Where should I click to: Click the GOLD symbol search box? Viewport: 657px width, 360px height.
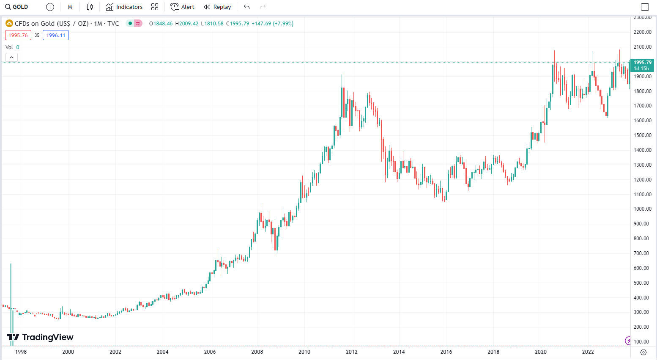pyautogui.click(x=17, y=7)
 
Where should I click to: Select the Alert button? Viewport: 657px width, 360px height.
pyautogui.click(x=182, y=7)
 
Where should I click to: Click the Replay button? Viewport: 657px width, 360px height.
pyautogui.click(x=217, y=7)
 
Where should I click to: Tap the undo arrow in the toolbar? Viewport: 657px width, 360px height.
pyautogui.click(x=247, y=7)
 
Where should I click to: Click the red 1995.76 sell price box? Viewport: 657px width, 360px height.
pyautogui.click(x=18, y=36)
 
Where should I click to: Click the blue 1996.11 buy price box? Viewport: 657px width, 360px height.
pyautogui.click(x=56, y=36)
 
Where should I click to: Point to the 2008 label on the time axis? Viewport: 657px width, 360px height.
pyautogui.click(x=257, y=352)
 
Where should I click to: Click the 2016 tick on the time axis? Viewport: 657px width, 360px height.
pyautogui.click(x=446, y=352)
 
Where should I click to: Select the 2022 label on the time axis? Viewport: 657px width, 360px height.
pyautogui.click(x=588, y=352)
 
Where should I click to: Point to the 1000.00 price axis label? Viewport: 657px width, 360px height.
pyautogui.click(x=642, y=209)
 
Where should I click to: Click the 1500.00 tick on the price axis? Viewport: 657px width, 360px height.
pyautogui.click(x=642, y=135)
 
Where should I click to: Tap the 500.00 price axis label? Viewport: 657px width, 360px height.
pyautogui.click(x=642, y=283)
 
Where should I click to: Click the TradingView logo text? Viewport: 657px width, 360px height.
pyautogui.click(x=47, y=337)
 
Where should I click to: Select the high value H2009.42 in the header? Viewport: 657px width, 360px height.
pyautogui.click(x=187, y=24)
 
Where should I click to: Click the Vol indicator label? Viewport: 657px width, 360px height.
pyautogui.click(x=9, y=47)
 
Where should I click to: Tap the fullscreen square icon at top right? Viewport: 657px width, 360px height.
pyautogui.click(x=645, y=7)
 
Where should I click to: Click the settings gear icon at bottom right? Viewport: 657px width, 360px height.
pyautogui.click(x=643, y=352)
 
